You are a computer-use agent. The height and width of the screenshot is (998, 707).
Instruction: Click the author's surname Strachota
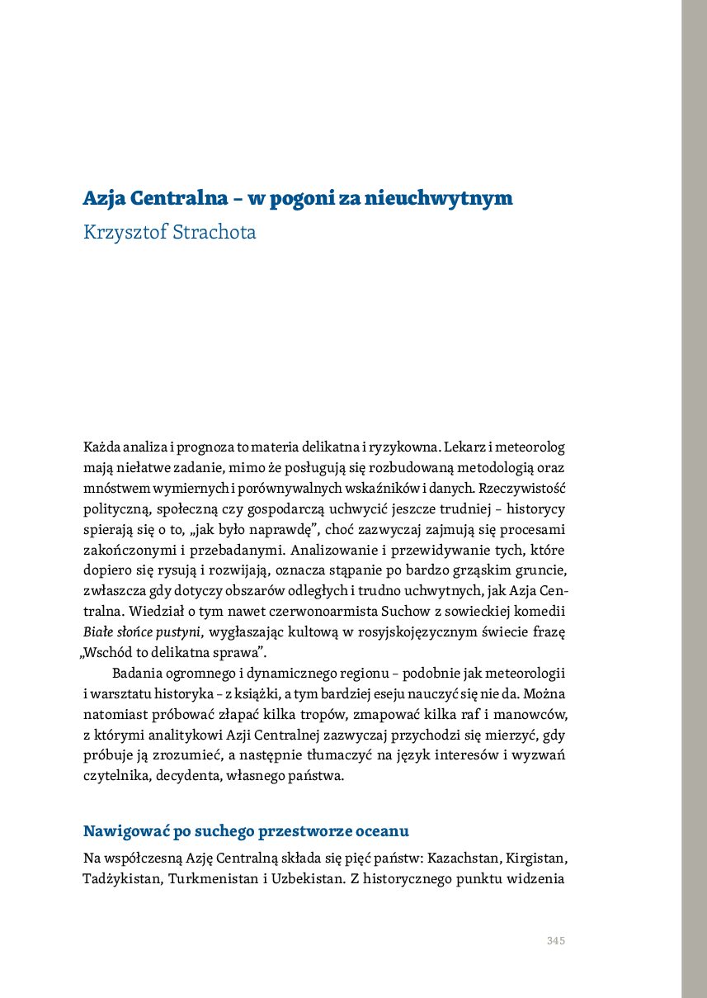(213, 233)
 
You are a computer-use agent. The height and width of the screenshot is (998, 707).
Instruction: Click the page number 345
(555, 941)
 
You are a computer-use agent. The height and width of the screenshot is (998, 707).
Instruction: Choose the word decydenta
(183, 777)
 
